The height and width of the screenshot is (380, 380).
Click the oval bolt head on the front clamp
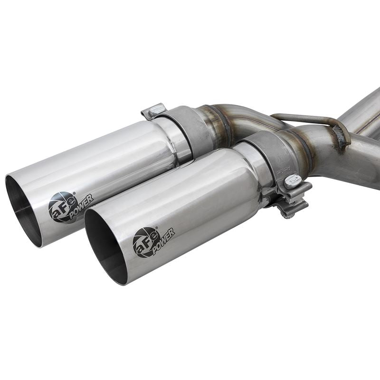(x=293, y=180)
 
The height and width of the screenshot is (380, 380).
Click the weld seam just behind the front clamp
(x=304, y=152)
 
